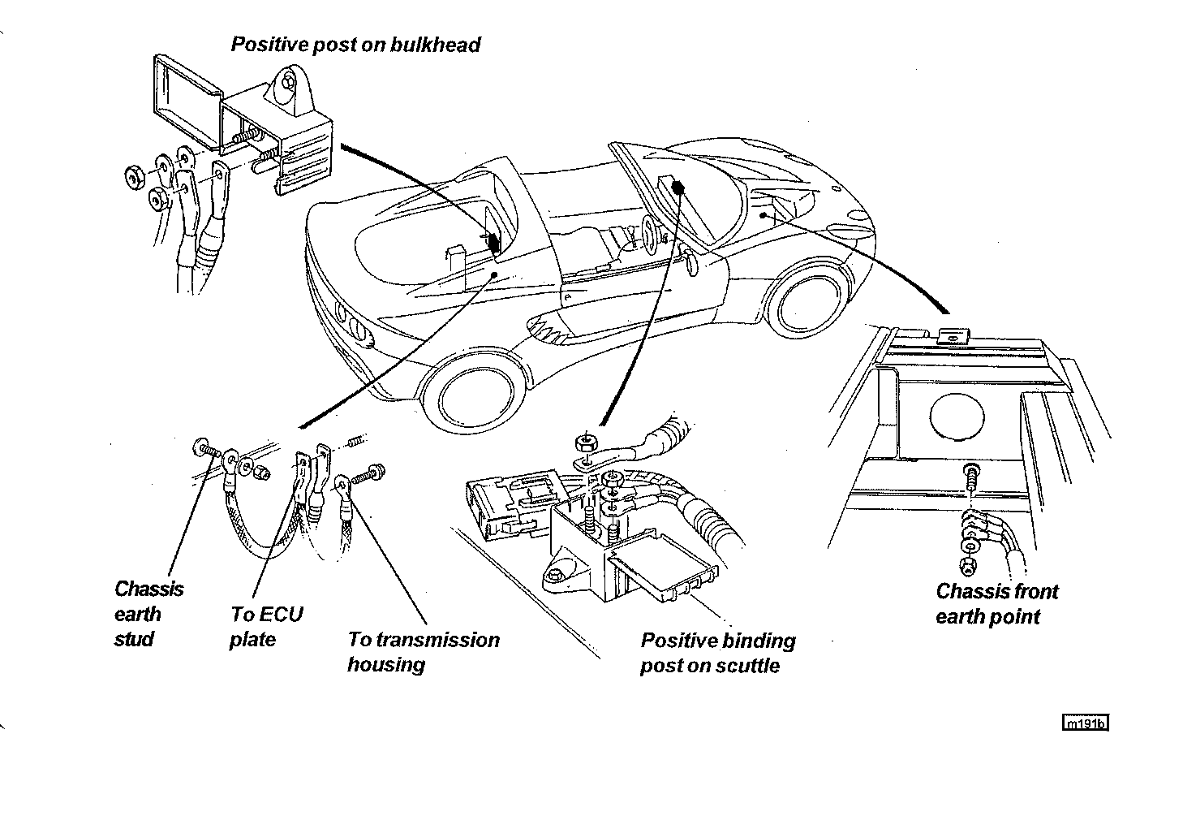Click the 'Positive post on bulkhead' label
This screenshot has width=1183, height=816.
point(355,44)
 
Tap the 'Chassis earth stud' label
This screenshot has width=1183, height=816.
point(148,613)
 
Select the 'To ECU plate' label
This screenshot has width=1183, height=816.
point(266,626)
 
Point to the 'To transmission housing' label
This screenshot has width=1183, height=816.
point(423,651)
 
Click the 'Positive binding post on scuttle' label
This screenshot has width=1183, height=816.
point(717,653)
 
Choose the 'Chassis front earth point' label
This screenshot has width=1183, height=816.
point(996,603)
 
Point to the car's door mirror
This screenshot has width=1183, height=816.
point(691,262)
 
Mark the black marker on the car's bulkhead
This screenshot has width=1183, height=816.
point(491,243)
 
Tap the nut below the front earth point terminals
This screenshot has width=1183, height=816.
point(967,563)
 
